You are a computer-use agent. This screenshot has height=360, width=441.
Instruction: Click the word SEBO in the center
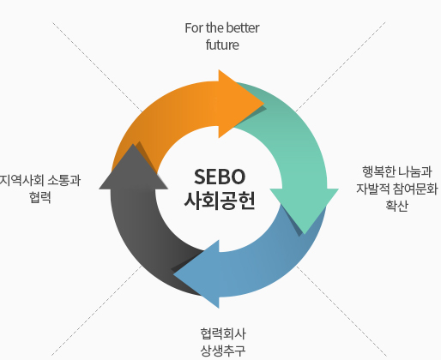point(220,177)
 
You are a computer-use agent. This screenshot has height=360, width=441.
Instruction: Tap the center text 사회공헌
point(220,201)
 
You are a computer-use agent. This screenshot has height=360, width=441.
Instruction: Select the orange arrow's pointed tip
point(263,104)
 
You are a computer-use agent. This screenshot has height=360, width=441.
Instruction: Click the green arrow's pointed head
point(305,234)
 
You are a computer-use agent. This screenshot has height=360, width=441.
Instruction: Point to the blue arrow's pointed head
point(174,274)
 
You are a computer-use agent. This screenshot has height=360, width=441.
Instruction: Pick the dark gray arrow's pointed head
point(133,144)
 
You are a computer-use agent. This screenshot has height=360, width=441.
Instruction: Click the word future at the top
point(222,45)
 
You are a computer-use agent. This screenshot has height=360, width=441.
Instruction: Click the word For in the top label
point(194,28)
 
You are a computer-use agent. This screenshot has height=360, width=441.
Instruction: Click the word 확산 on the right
point(396,206)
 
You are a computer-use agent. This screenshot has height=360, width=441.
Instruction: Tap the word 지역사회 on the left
point(21,180)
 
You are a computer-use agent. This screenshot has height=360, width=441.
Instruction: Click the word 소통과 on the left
point(64,180)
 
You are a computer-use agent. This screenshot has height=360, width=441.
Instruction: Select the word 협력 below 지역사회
point(40,197)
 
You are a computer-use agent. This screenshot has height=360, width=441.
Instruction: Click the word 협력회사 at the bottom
point(223,333)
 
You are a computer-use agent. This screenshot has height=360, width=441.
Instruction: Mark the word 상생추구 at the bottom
point(223,351)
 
